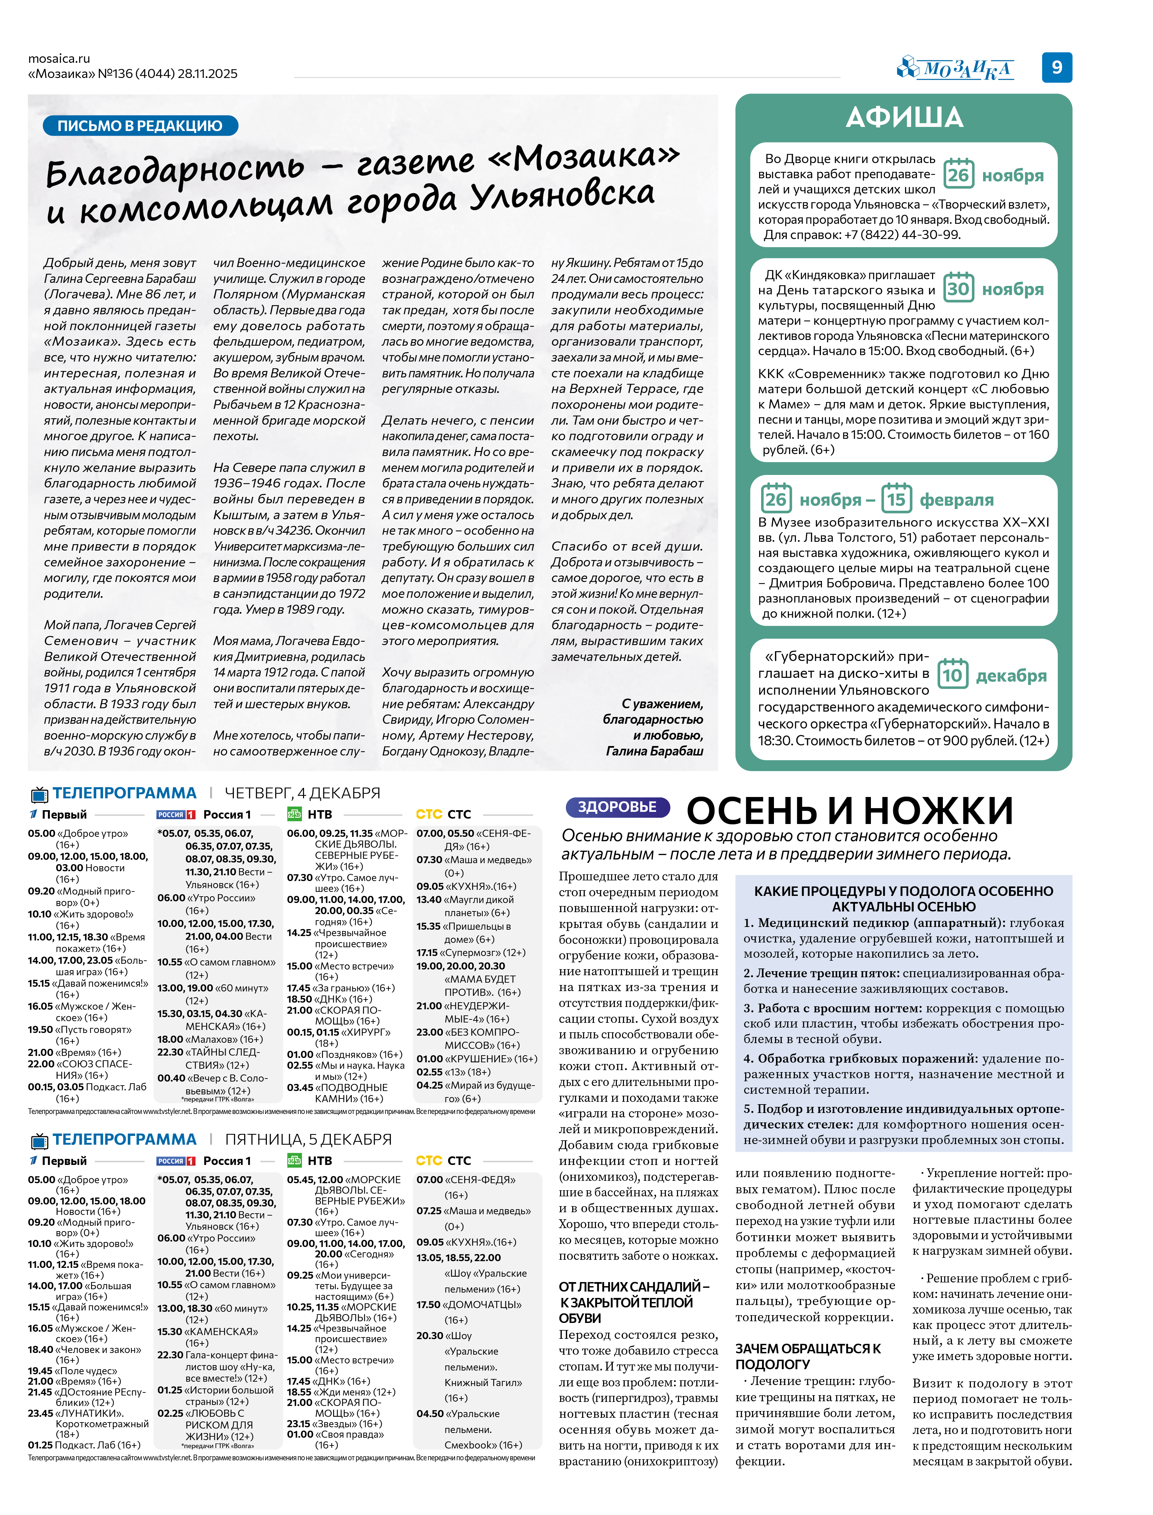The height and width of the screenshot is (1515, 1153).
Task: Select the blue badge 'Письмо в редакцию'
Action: (140, 126)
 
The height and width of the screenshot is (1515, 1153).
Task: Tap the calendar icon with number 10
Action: (953, 675)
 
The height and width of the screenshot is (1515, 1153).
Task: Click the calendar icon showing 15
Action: (896, 499)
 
